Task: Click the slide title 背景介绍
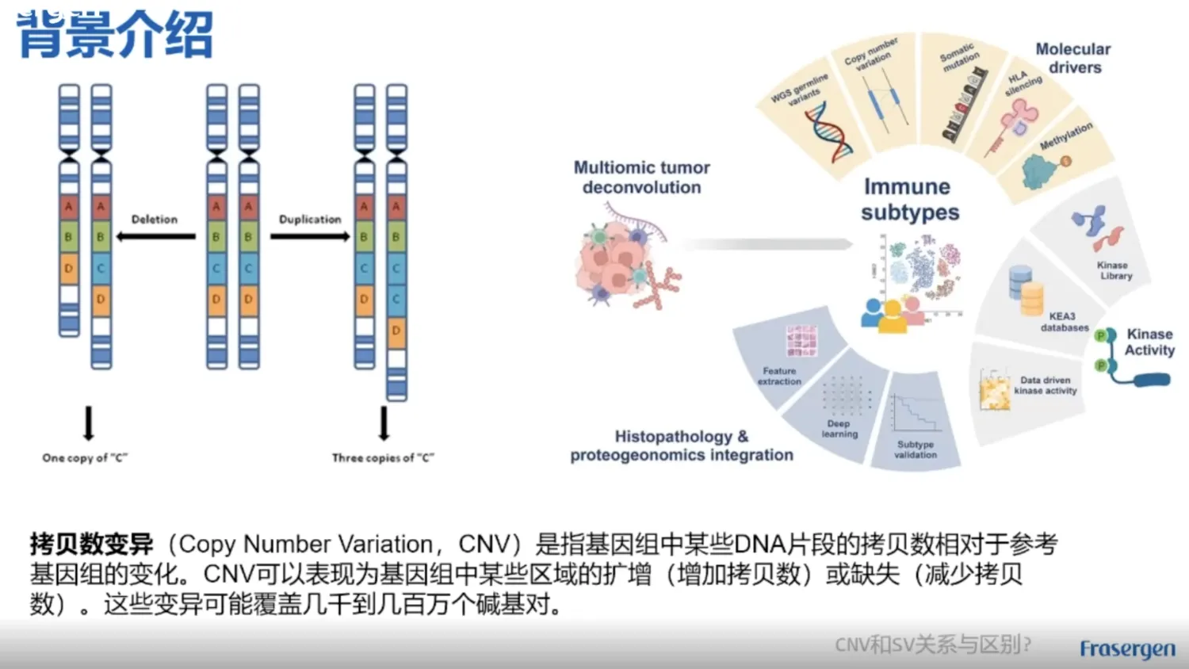pos(115,35)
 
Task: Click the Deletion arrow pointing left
pos(155,236)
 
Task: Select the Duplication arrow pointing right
pos(309,236)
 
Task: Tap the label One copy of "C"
pos(85,458)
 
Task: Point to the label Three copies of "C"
pos(383,458)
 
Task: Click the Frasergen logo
pos(1127,649)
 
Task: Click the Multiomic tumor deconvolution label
pos(641,178)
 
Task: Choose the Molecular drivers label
pos(1073,58)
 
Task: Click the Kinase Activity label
pos(1149,342)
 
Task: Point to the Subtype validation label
pos(916,449)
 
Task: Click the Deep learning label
pos(839,429)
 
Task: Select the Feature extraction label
pos(779,376)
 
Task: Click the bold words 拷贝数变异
pos(91,545)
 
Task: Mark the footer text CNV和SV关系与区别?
pos(933,644)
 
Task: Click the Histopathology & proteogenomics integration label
pos(682,445)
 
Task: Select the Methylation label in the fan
pos(1066,136)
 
